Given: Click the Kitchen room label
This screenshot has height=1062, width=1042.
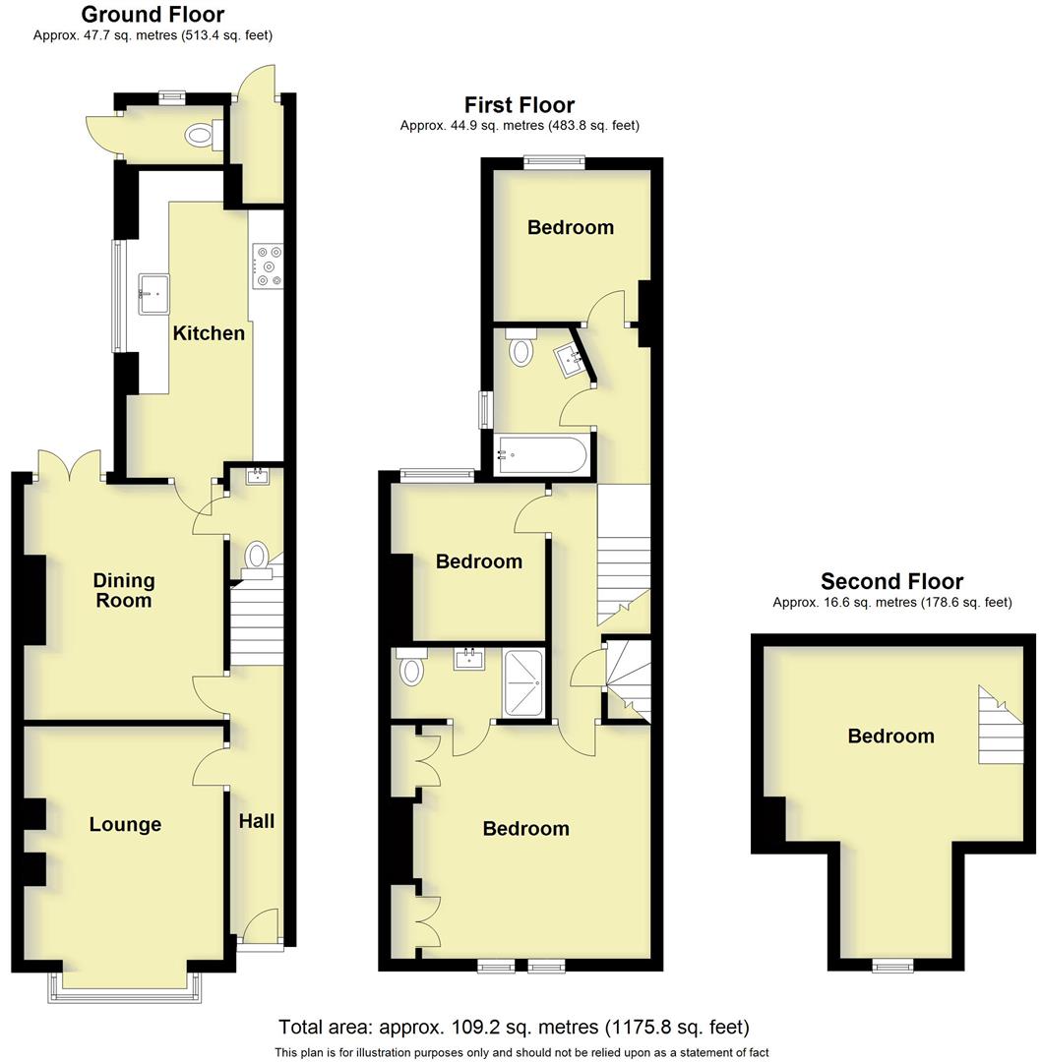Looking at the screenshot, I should point(209,333).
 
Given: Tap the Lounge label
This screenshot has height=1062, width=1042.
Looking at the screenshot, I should point(125,825).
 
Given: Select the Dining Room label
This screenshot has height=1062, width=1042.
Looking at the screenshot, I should point(124,590).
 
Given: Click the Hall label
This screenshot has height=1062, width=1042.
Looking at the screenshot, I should point(257,821).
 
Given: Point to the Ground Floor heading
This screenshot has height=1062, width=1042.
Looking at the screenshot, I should point(153,15).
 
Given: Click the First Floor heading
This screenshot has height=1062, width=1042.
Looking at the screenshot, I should point(520,105).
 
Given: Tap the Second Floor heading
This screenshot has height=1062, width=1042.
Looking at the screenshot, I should point(891,581).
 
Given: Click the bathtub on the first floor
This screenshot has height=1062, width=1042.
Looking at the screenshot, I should point(541,455).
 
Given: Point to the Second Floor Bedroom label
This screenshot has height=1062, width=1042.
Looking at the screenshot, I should point(891,737).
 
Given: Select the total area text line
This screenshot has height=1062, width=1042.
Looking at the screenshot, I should point(514,1028).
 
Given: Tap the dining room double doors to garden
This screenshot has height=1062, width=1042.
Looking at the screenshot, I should point(70,465).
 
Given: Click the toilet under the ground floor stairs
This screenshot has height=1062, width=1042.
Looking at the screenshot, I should point(258,556).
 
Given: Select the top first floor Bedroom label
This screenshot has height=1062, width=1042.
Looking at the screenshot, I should point(571,228).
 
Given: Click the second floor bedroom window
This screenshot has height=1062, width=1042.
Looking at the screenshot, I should point(891,968).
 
